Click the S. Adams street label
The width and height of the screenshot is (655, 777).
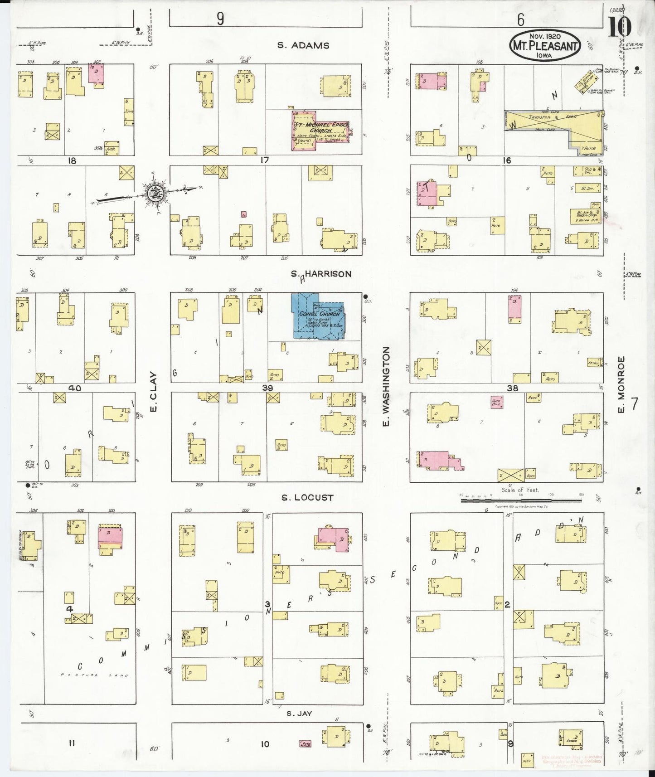(x=303, y=45)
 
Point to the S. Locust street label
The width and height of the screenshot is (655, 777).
(x=307, y=497)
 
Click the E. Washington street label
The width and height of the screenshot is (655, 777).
(x=386, y=386)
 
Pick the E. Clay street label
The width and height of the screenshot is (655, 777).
(x=153, y=392)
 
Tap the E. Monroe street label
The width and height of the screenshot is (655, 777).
(x=621, y=384)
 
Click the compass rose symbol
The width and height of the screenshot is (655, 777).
(x=154, y=192)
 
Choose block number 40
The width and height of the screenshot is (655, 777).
(x=74, y=388)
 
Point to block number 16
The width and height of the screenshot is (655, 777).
(x=506, y=160)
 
